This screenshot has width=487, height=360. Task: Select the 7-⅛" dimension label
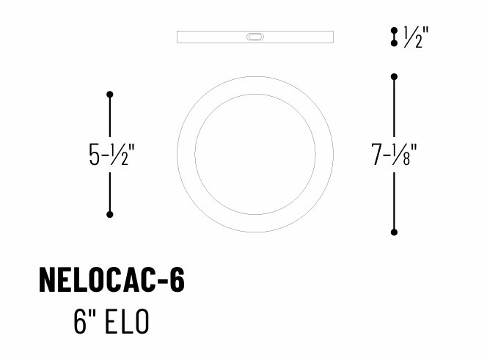coord(395,155)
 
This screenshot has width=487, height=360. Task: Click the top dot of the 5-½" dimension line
coord(110,95)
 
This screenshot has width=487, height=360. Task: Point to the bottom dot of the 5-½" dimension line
coord(110,214)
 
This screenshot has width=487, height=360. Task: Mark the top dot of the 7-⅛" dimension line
coord(395,77)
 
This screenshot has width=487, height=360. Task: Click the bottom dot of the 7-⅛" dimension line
coord(395,232)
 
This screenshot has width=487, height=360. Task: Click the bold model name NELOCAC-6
coord(111,280)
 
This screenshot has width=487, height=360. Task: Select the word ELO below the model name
coord(128,322)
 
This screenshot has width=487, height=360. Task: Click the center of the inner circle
coord(255,154)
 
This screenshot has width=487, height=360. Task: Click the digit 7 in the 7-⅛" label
coord(378,155)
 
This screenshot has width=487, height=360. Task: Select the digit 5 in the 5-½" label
coord(95,155)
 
